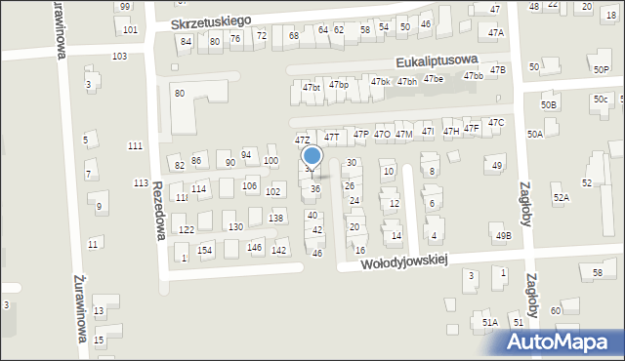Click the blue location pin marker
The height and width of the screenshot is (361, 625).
[312, 156]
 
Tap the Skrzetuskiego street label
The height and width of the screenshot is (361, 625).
[211, 20]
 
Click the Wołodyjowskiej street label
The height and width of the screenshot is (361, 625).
[403, 261]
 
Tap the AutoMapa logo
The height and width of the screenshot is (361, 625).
[562, 341]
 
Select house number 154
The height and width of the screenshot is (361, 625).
[205, 251]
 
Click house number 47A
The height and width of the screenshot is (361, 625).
[496, 33]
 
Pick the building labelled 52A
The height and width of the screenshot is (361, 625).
[561, 198]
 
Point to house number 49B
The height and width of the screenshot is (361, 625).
[503, 236]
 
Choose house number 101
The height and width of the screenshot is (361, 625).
[131, 30]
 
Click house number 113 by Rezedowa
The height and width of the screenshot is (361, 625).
[141, 183]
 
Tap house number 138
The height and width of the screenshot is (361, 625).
[276, 218]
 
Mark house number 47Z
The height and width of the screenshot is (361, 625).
[304, 140]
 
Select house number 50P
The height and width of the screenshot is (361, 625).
[601, 70]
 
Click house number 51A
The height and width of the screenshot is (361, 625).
[489, 322]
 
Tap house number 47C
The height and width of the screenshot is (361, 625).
[496, 123]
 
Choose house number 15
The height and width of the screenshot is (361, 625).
[100, 340]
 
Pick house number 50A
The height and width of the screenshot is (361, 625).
[534, 135]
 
